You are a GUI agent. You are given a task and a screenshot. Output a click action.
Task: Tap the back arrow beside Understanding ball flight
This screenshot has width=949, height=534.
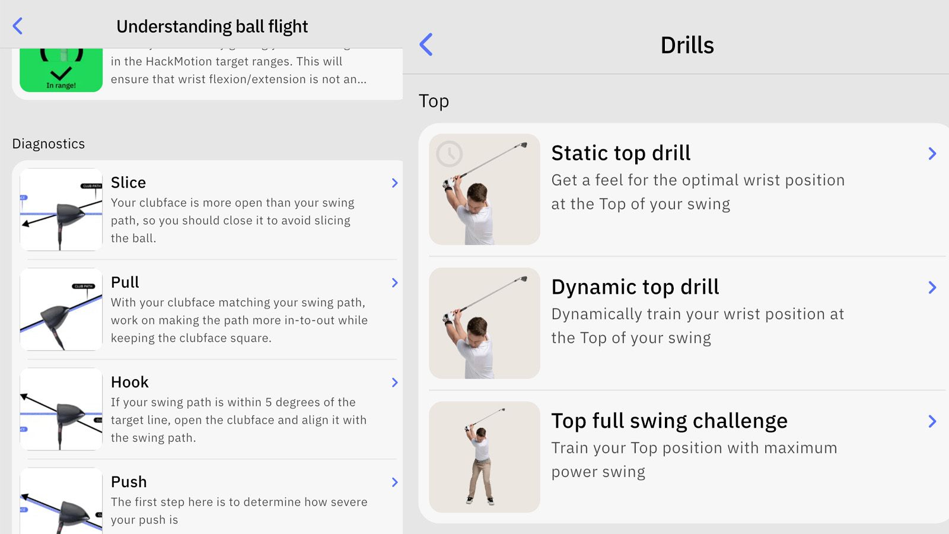point(18,26)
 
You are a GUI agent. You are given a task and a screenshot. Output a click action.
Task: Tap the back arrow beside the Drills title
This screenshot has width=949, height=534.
point(426,44)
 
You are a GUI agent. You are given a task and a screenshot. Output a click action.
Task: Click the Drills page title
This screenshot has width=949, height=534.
point(687,45)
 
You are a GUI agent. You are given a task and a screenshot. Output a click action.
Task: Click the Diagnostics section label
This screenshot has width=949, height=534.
point(49,144)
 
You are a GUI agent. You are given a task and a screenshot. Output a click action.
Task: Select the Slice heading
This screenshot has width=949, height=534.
point(128,182)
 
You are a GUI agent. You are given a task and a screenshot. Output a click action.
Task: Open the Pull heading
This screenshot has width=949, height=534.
point(125,282)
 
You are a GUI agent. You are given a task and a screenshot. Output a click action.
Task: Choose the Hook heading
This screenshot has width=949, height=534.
point(129,382)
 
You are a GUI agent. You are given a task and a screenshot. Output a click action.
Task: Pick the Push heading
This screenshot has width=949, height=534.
point(129,481)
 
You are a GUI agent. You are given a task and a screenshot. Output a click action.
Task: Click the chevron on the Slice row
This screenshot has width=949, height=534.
point(394,183)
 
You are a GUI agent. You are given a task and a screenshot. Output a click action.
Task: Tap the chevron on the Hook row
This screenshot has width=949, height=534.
point(394,382)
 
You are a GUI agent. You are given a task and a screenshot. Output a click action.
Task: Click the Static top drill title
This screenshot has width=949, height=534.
point(620,153)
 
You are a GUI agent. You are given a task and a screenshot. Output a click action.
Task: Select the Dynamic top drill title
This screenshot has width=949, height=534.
point(635,287)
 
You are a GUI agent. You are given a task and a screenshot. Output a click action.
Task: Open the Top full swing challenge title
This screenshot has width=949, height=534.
point(669,421)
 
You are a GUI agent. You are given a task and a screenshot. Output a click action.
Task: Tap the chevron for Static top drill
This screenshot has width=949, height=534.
point(932,154)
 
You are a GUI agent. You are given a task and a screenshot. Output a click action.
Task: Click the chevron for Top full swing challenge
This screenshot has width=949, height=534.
point(932,421)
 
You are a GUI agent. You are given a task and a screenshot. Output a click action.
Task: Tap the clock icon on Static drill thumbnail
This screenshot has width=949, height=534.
point(449,154)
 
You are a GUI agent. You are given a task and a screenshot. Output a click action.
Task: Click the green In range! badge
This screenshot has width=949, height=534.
point(61,71)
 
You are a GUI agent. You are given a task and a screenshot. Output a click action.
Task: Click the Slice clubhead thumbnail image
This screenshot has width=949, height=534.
point(61,209)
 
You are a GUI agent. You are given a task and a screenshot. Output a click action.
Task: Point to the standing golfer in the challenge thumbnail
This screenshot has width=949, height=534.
point(481,463)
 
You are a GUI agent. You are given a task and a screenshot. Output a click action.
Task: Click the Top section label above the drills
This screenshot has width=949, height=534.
point(434,101)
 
